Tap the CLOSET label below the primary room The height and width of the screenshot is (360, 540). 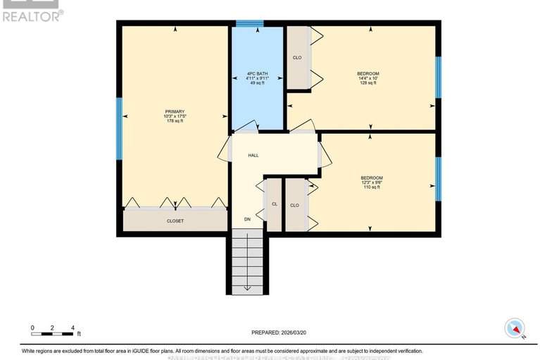coord(175,221)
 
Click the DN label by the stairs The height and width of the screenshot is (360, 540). coord(247,221)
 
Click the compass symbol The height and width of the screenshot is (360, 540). coord(515,328)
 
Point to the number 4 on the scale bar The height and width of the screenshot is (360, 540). coord(73,328)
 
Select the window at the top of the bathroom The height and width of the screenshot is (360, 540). coord(244,24)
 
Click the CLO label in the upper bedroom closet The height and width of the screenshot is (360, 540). coord(296,58)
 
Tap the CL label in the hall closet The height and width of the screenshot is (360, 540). coord(274,205)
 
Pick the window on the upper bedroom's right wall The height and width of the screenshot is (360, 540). coord(437,77)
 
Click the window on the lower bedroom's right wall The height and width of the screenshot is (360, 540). coord(437,178)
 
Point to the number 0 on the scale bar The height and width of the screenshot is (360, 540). coord(32,328)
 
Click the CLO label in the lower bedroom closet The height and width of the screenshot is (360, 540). coord(294,205)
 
